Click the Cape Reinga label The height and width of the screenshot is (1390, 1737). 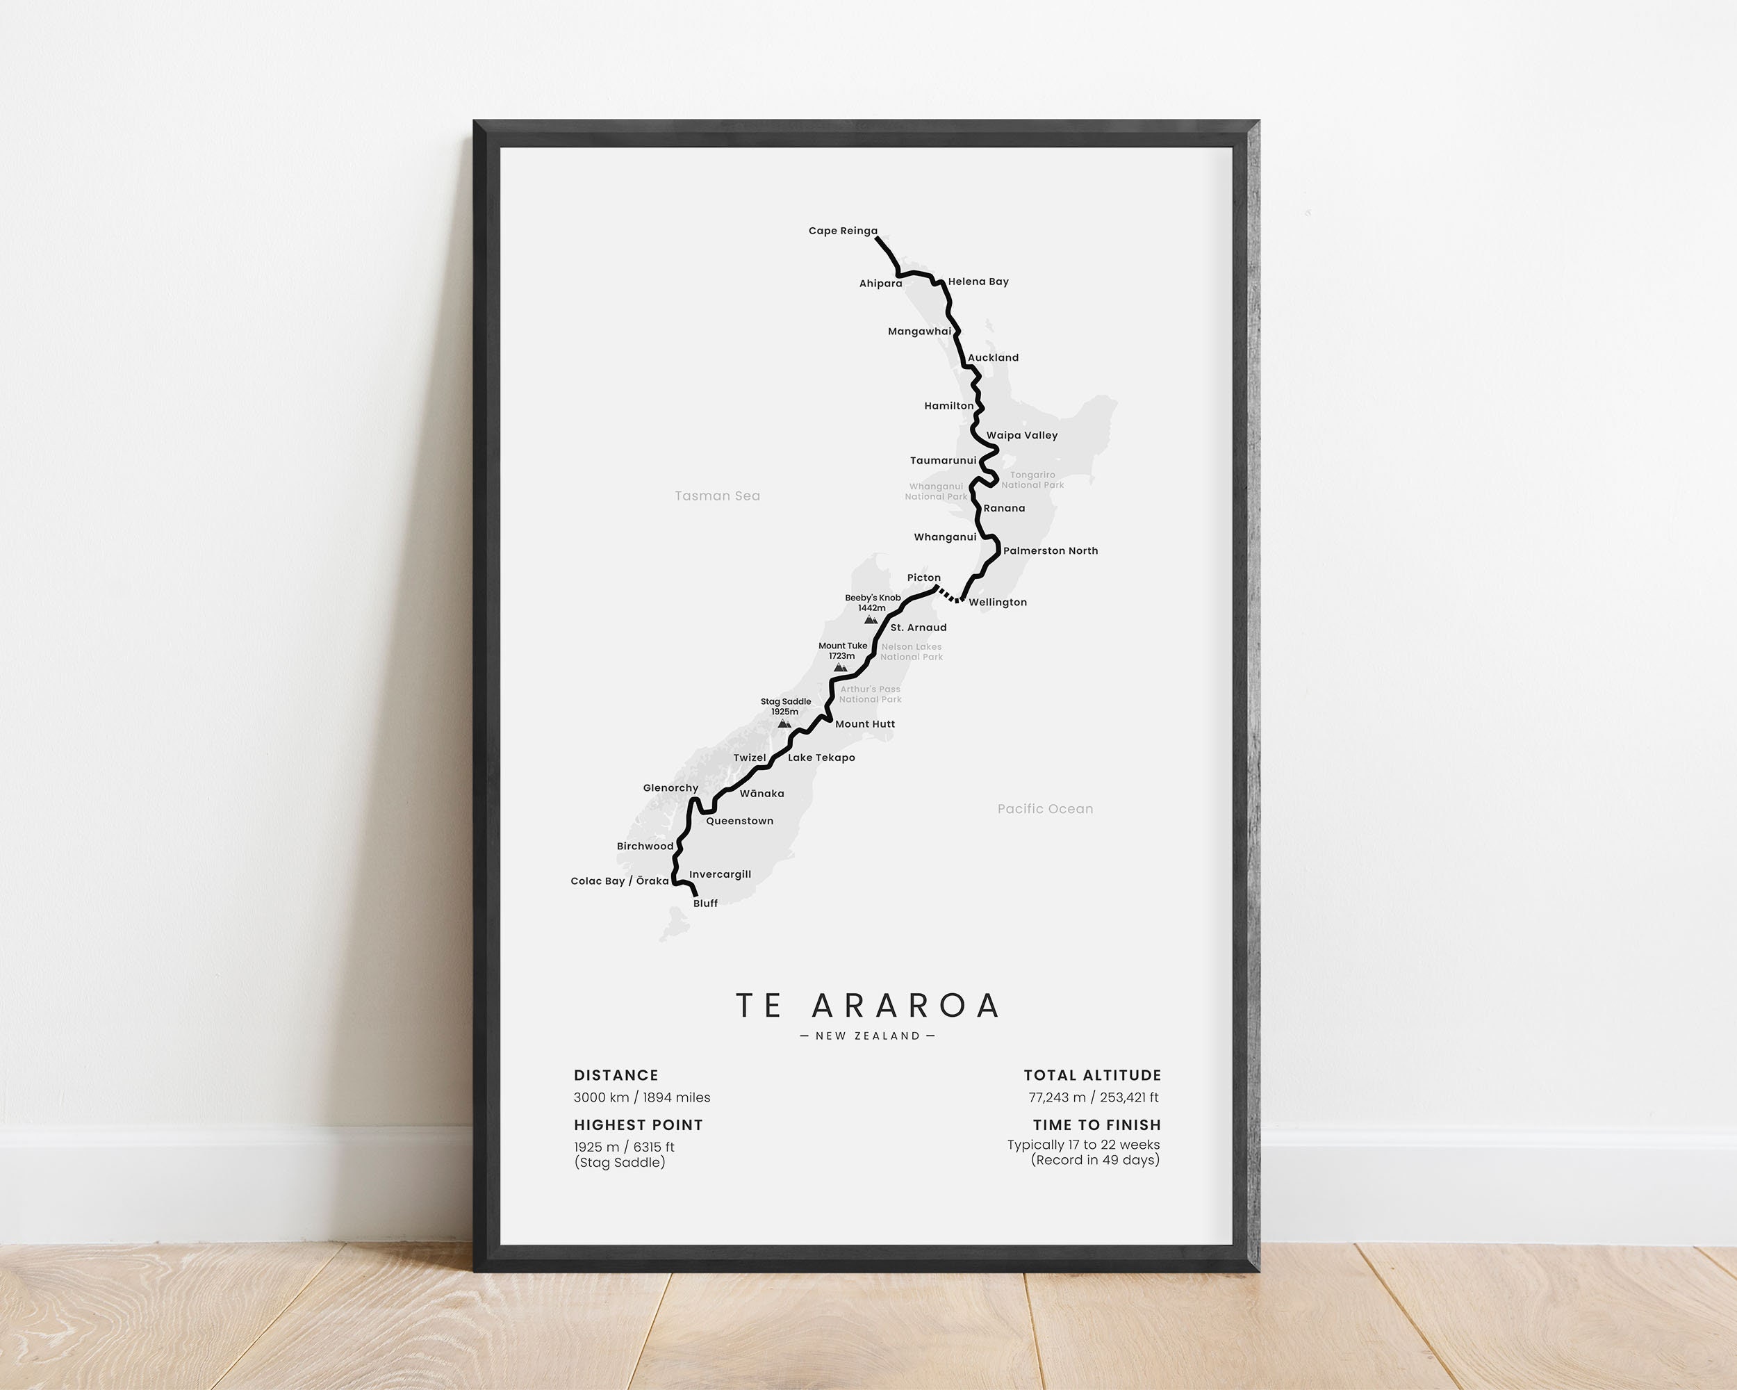tap(843, 231)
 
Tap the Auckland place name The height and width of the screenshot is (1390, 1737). tap(993, 358)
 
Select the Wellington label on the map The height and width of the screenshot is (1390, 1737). tap(998, 603)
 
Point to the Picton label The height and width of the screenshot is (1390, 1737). tap(923, 578)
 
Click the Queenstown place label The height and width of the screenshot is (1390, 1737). tap(739, 821)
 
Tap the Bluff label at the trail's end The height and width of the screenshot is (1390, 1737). tap(705, 903)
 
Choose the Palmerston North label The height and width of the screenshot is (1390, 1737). tap(1050, 551)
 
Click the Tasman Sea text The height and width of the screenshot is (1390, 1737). tap(717, 496)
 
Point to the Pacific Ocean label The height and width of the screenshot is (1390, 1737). tap(1045, 809)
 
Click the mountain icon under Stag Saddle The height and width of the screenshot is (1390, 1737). tap(784, 723)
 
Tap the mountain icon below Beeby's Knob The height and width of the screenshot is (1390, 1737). tap(870, 620)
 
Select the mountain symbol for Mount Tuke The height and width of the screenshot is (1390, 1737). tap(840, 667)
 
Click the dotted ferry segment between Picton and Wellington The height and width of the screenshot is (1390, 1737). tap(948, 596)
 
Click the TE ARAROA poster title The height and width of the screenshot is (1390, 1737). tap(868, 1006)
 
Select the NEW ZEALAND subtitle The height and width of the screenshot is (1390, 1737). tap(868, 1036)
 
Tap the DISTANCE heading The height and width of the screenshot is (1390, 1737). tap(616, 1075)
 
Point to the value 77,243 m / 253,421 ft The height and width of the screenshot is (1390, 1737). tap(1094, 1097)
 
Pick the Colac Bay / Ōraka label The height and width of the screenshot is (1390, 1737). tap(619, 881)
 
